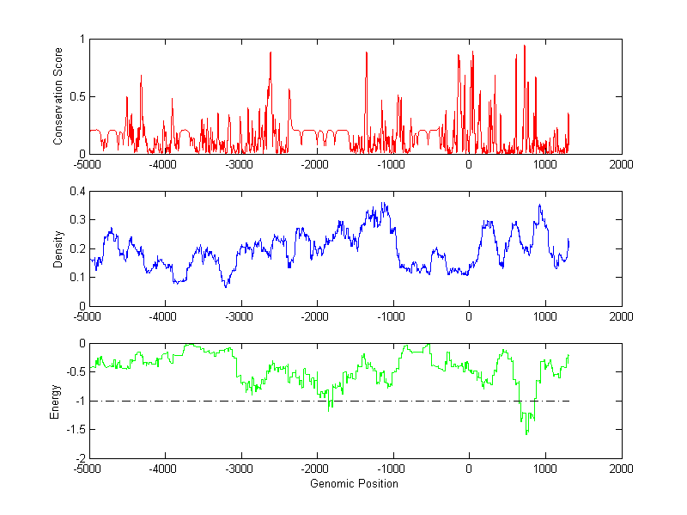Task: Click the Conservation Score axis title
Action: (x=58, y=96)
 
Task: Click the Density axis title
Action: (x=58, y=248)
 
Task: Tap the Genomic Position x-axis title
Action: (x=355, y=483)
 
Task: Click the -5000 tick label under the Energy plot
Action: (x=89, y=469)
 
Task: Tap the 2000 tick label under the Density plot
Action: (x=621, y=316)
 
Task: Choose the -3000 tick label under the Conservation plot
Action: (x=241, y=164)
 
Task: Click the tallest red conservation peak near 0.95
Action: (x=524, y=46)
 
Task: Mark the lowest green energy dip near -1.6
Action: (x=526, y=433)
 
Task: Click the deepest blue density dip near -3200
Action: (x=226, y=286)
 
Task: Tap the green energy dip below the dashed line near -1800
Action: (x=329, y=411)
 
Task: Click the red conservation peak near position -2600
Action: (x=271, y=52)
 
